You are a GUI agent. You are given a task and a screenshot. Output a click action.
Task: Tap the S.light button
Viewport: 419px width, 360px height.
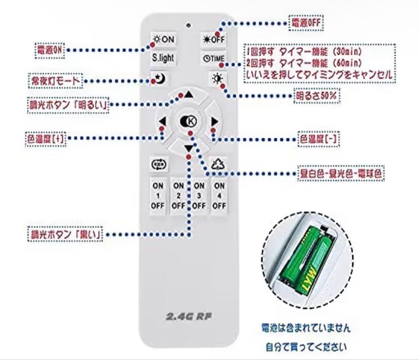(163, 59)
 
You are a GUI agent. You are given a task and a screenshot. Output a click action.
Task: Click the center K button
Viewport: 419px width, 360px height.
(188, 122)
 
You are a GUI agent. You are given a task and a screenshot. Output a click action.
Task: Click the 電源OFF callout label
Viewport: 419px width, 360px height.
(306, 23)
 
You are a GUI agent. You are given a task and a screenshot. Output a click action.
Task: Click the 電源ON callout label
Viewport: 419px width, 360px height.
(49, 50)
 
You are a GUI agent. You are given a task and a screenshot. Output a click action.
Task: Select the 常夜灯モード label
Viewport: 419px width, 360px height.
(55, 81)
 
